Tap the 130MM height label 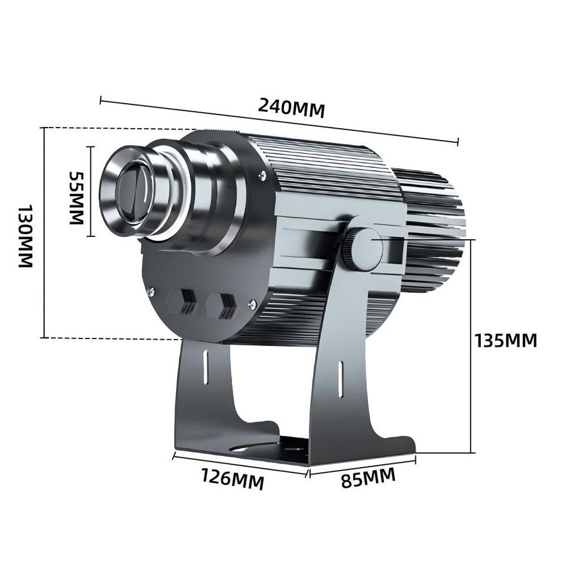point(25,236)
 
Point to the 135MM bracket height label point(506,340)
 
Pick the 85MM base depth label point(368,478)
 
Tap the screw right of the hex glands point(253,304)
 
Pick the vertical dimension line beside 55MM point(91,191)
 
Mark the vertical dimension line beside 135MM point(471,346)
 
